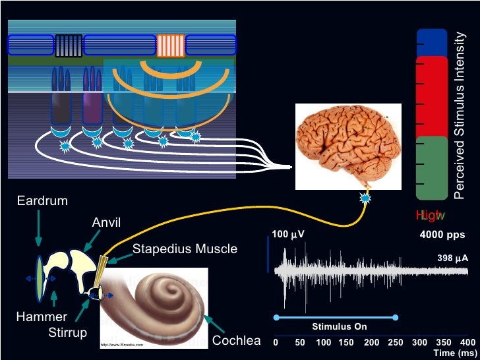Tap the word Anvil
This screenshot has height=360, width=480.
click(x=106, y=222)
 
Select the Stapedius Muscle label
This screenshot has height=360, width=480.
click(x=185, y=249)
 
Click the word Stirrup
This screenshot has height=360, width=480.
click(x=67, y=332)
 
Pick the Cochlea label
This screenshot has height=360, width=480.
click(x=236, y=341)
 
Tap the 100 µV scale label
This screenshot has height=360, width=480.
click(x=288, y=235)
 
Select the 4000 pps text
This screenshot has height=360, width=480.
click(x=442, y=235)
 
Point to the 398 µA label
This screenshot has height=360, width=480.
click(x=452, y=258)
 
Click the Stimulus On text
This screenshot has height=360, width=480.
click(x=340, y=327)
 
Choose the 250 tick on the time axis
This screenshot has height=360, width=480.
click(x=395, y=342)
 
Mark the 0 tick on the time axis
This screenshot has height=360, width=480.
click(x=276, y=342)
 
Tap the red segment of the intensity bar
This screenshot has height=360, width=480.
click(x=433, y=96)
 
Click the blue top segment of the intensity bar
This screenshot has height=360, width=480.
click(x=433, y=42)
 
